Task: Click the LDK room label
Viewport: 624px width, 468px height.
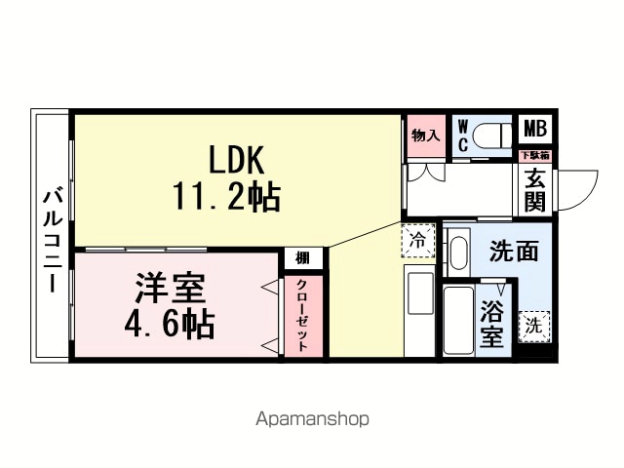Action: [236, 160]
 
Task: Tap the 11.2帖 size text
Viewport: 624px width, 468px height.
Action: [226, 196]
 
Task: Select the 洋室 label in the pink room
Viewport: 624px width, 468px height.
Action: [171, 289]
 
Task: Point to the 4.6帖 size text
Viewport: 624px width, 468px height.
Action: [170, 324]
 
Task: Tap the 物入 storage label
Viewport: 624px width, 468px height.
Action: [426, 136]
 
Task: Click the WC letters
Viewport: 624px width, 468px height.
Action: [463, 136]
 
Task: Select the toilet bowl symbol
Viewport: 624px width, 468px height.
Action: [492, 136]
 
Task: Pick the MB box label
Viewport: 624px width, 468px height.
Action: [535, 129]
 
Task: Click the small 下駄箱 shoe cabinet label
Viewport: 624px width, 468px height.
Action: [535, 155]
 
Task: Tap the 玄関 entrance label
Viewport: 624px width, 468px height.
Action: [535, 190]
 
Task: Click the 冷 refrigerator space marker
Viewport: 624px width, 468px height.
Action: [418, 241]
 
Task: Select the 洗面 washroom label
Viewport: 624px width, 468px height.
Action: [514, 252]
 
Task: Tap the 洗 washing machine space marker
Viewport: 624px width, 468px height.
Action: [534, 327]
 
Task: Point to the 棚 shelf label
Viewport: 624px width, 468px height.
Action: [302, 258]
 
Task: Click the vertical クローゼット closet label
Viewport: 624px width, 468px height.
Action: [302, 315]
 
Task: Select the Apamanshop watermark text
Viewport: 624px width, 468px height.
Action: [312, 419]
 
